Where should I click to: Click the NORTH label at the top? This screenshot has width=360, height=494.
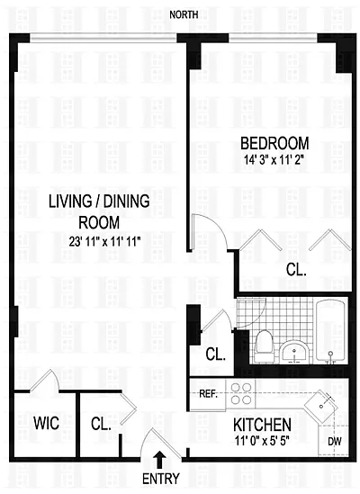click(x=184, y=14)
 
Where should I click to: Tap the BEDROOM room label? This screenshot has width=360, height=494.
click(x=274, y=143)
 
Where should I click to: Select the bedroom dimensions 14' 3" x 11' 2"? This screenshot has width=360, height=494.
click(x=274, y=160)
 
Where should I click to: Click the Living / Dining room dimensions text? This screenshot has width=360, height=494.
click(x=104, y=242)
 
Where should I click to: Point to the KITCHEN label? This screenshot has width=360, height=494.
click(x=262, y=425)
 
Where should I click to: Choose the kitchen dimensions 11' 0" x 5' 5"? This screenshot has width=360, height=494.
click(x=262, y=440)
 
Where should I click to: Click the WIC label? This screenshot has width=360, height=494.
click(x=46, y=423)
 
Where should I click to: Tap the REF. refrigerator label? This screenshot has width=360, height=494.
click(x=209, y=394)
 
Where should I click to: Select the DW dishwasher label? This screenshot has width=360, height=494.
click(x=335, y=442)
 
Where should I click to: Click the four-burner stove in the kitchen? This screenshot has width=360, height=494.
click(x=241, y=393)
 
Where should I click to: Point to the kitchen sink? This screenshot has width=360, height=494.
click(x=320, y=407)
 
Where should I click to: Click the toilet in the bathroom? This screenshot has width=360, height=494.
click(x=265, y=346)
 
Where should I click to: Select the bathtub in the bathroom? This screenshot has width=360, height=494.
click(x=331, y=332)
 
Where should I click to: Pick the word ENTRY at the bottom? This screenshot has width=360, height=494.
click(x=161, y=479)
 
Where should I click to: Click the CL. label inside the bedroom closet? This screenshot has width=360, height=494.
click(x=296, y=270)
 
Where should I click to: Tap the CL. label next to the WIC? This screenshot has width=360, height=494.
click(x=101, y=424)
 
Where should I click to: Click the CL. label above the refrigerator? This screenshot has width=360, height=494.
click(x=216, y=355)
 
